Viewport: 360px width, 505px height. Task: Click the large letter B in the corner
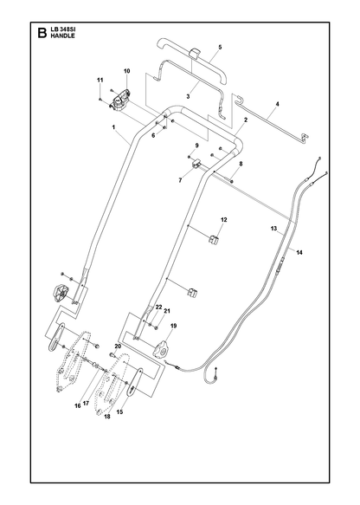(x=42, y=33)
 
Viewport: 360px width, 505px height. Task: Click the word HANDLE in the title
(x=62, y=36)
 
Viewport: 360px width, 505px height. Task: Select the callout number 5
(x=220, y=47)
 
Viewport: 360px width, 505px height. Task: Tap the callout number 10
(x=126, y=71)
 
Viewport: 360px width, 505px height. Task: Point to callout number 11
(x=100, y=80)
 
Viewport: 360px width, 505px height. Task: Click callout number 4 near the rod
(x=277, y=104)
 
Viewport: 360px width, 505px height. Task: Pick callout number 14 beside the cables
(x=299, y=253)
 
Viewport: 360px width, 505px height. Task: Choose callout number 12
(x=224, y=220)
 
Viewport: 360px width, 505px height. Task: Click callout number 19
(x=173, y=327)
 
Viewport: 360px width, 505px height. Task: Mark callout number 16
(x=78, y=405)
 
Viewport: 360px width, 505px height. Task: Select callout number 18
(x=107, y=417)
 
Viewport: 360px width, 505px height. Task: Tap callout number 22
(x=158, y=308)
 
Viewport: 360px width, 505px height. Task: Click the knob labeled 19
(x=162, y=350)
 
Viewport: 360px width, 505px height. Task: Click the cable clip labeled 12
(x=213, y=240)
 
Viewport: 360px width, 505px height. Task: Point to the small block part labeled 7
(x=196, y=165)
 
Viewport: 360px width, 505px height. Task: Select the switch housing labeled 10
(x=120, y=100)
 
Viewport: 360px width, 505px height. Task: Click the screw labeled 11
(x=100, y=100)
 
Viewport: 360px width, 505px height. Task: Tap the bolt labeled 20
(x=112, y=354)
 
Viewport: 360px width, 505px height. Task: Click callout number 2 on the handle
(x=246, y=120)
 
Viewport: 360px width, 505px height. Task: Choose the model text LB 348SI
(x=62, y=30)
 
